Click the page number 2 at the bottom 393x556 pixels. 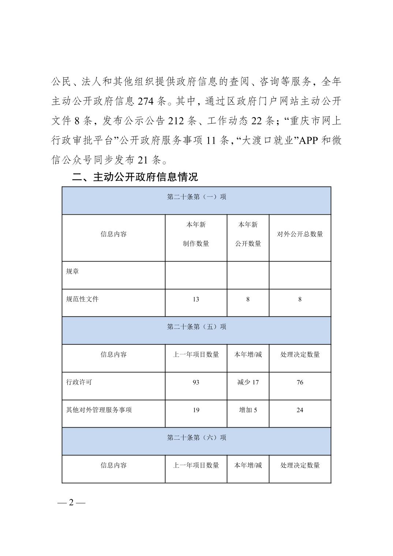point(71,503)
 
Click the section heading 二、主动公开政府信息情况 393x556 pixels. point(135,177)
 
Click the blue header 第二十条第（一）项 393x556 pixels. point(196,197)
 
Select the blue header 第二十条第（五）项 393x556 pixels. point(196,327)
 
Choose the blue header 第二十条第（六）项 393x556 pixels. point(196,437)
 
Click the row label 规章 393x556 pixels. point(72,272)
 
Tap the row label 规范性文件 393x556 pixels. point(82,299)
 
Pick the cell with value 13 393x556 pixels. point(196,299)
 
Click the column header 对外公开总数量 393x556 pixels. point(300,234)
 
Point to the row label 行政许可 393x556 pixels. point(79,382)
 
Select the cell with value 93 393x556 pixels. point(196,382)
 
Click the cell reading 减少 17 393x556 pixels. point(248,382)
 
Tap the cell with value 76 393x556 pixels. point(300,382)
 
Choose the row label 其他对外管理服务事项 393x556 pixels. point(99,410)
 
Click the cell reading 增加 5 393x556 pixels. point(248,410)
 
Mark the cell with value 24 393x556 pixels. point(300,410)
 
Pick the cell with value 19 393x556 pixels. point(196,410)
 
